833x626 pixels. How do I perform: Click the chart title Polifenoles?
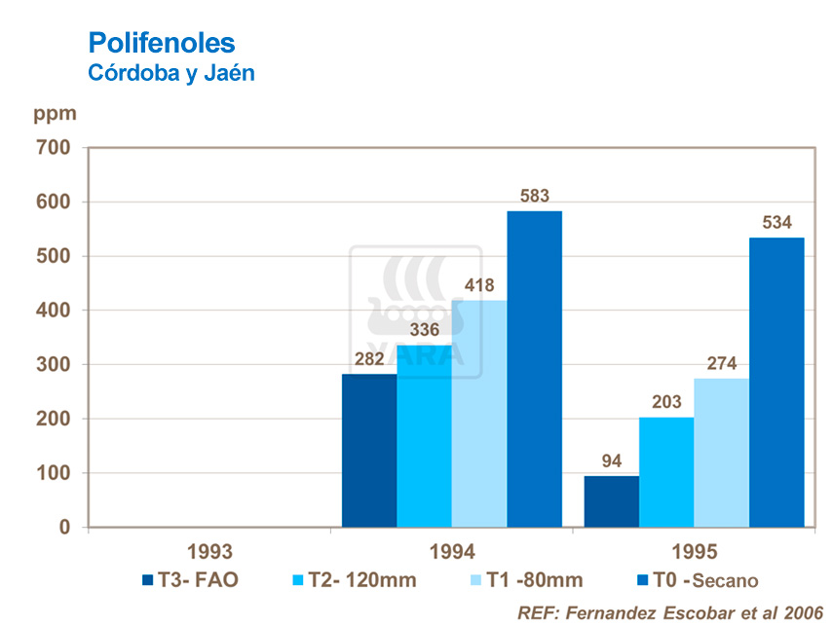[x=162, y=43]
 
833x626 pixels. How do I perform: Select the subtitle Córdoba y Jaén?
[x=171, y=74]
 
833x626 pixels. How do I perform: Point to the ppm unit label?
[x=55, y=113]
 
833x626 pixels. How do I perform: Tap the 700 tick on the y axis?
[x=55, y=148]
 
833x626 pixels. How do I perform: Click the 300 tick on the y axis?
[x=55, y=365]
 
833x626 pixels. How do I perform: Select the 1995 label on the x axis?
[x=693, y=552]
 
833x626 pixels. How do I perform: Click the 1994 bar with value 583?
[x=534, y=369]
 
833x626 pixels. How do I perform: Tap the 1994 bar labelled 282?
[x=369, y=451]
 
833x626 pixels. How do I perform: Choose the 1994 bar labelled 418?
[x=479, y=414]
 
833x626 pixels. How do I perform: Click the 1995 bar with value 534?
[x=776, y=383]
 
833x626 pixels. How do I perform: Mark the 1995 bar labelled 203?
[x=666, y=472]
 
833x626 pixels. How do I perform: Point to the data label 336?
[x=424, y=329]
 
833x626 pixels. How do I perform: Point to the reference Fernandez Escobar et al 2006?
[x=669, y=612]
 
